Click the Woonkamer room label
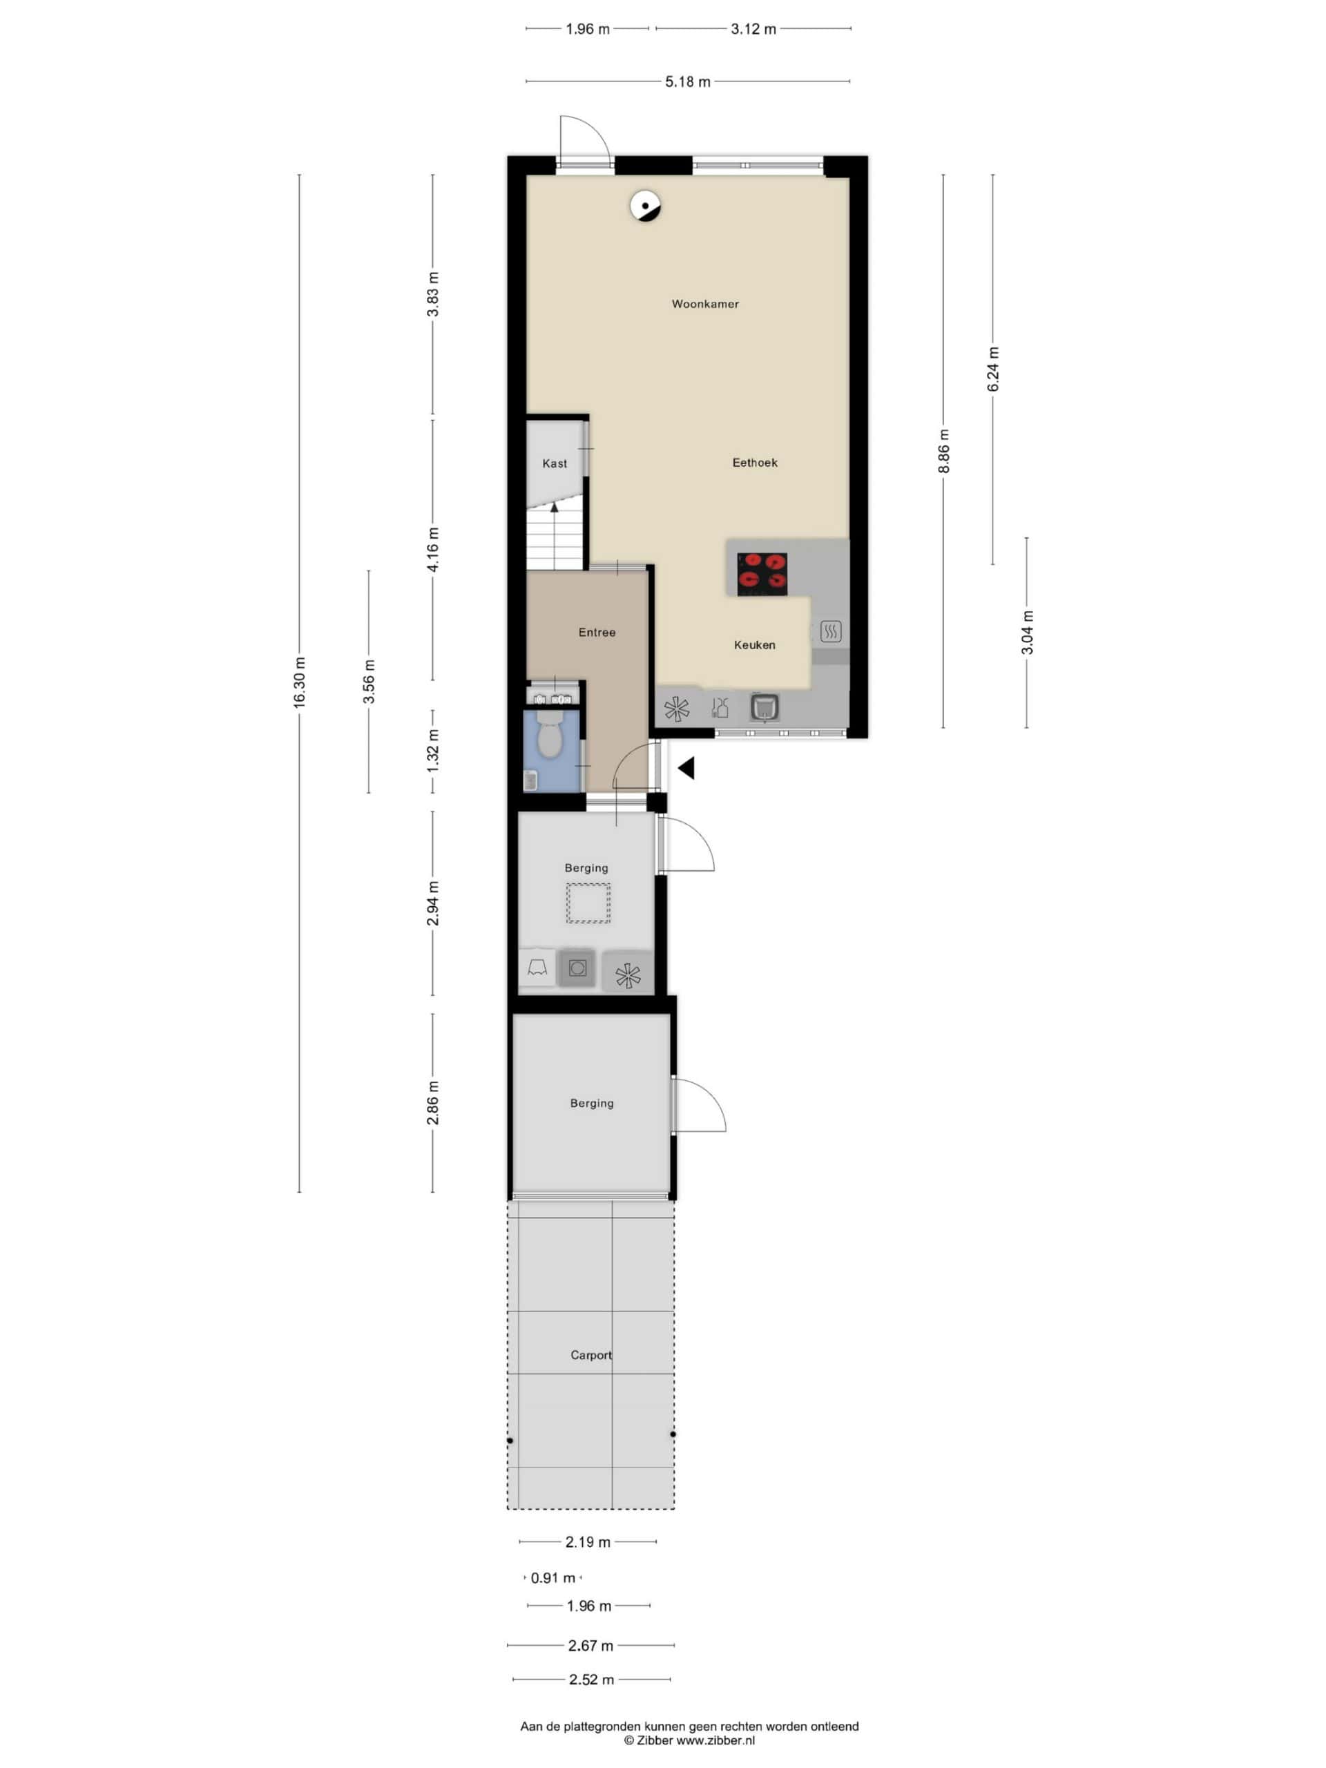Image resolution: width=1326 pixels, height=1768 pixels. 704,304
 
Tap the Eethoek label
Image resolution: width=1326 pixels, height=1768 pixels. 755,462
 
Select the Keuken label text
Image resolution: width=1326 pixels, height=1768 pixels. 755,645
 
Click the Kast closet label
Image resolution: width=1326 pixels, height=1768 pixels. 555,463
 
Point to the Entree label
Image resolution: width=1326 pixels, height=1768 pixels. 597,632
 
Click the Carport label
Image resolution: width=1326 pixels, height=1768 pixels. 590,1355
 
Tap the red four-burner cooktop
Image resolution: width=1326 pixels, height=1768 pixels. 762,574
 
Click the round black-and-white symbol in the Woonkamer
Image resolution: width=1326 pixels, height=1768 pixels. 645,207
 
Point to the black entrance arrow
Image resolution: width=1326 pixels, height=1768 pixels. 686,768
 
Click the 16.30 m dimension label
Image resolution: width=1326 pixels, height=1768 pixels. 300,682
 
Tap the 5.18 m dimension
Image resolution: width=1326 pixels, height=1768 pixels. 687,81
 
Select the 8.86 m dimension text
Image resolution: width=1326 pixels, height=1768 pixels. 944,452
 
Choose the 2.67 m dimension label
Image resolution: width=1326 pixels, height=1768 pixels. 590,1645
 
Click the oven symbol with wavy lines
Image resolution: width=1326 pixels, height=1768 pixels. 830,632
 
